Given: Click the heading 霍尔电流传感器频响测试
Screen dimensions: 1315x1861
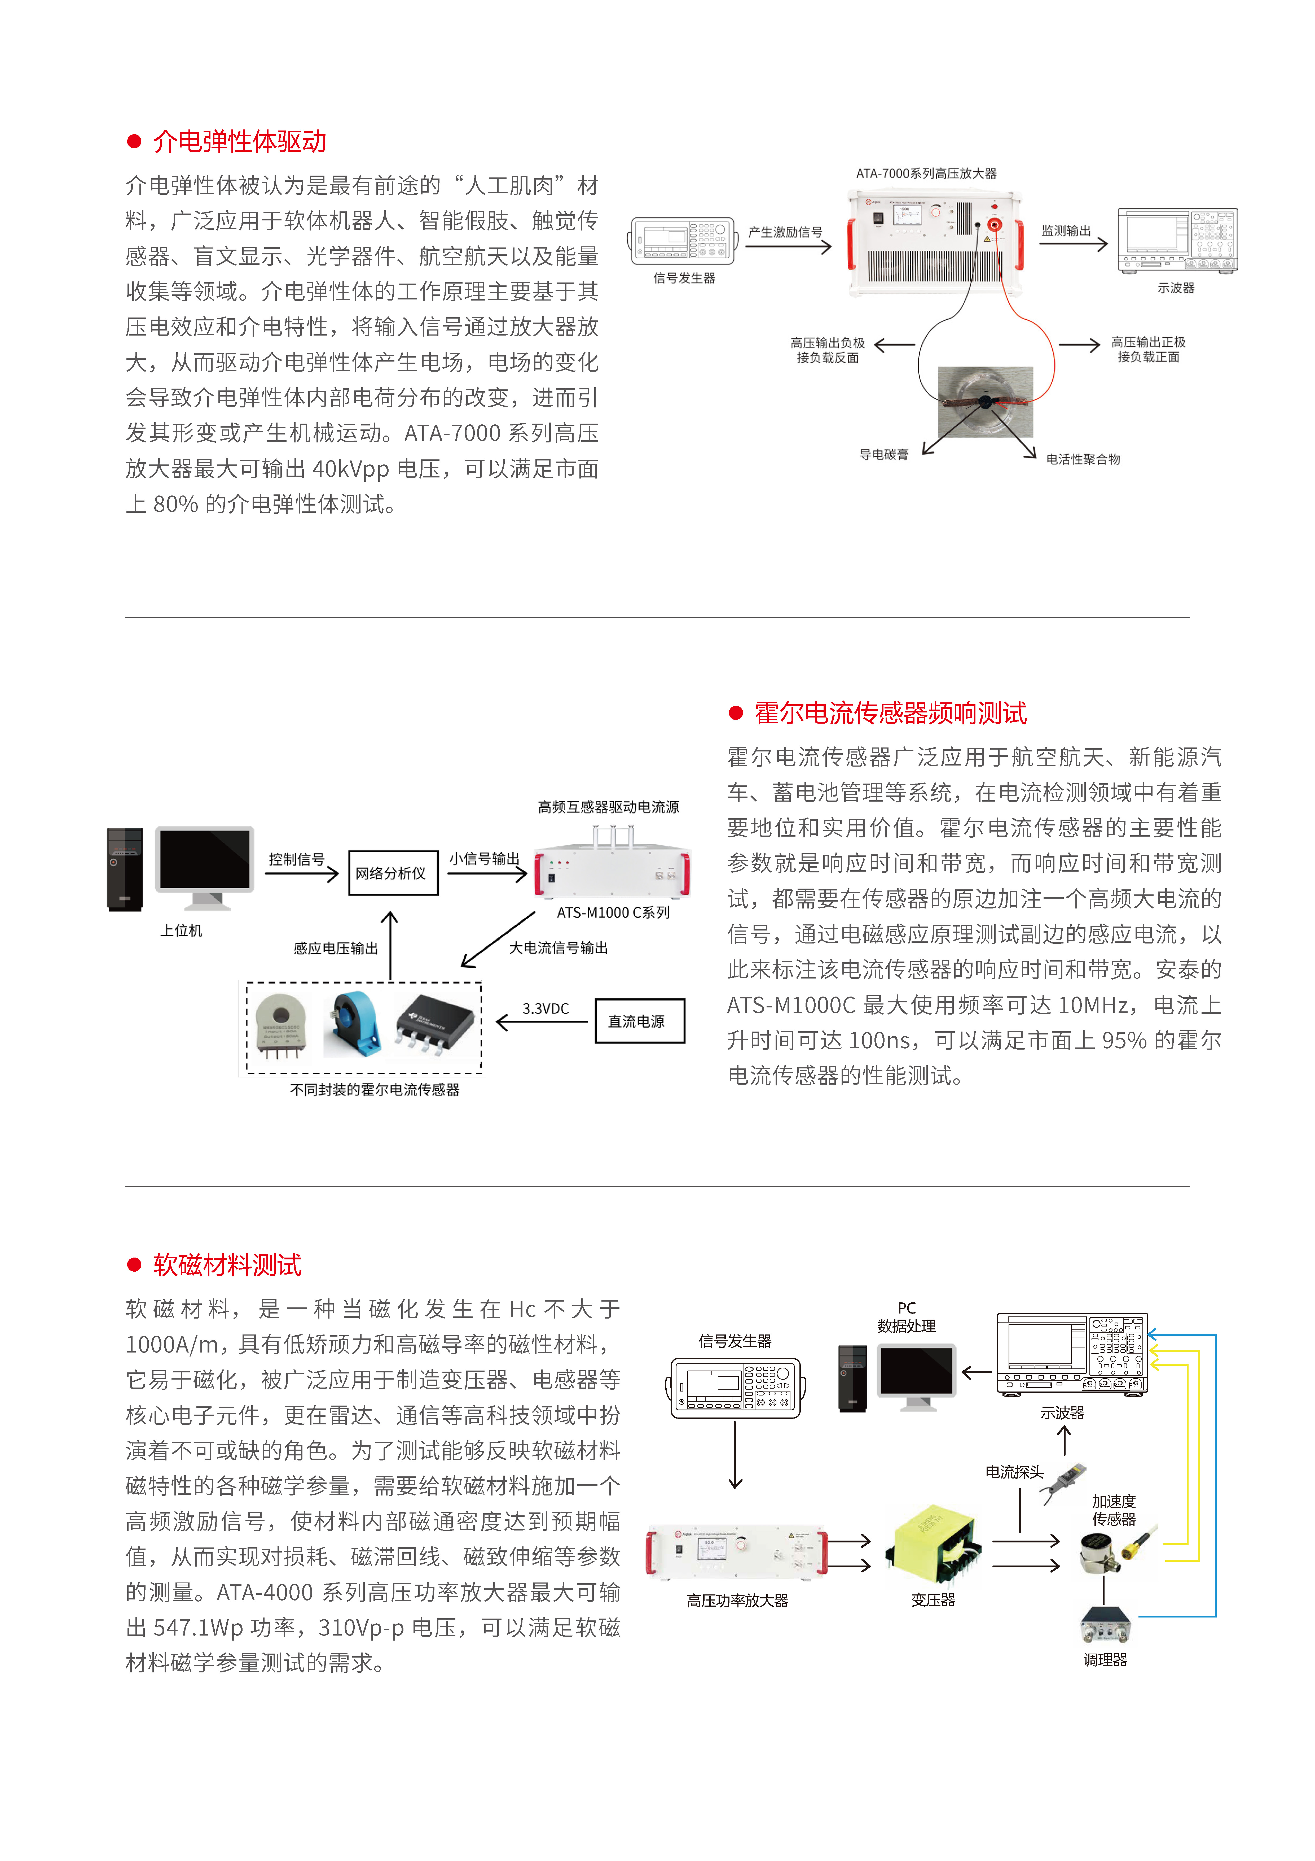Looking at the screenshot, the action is [890, 713].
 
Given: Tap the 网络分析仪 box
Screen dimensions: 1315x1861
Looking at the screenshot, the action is [393, 873].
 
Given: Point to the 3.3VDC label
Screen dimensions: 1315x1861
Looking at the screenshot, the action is [545, 1008].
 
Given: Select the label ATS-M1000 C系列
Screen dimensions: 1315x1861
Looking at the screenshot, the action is [613, 913].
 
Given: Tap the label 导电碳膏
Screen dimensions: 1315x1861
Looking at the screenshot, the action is [884, 455].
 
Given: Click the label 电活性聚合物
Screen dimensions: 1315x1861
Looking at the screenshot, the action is [1083, 459].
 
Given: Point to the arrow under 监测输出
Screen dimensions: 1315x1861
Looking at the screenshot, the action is [1074, 243].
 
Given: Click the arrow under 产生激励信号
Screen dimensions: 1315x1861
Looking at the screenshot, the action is [788, 246].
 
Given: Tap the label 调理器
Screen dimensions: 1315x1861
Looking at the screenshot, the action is [1105, 1660].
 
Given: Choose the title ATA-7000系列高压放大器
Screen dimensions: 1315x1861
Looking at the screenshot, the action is [926, 173].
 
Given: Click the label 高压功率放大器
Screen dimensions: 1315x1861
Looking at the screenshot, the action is [737, 1601].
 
